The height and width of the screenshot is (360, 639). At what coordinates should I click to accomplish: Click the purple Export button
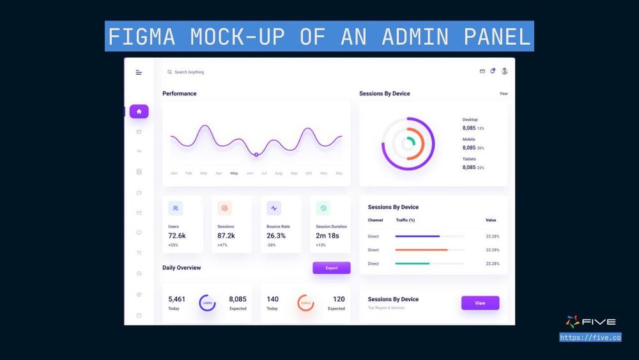coord(331,268)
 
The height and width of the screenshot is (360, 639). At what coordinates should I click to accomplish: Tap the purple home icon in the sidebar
coord(139,111)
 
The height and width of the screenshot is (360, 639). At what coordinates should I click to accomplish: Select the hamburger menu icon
coord(139,72)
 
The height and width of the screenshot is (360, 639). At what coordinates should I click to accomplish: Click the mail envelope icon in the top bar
coord(482,71)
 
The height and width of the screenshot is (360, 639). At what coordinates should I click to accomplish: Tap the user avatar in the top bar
coord(504,71)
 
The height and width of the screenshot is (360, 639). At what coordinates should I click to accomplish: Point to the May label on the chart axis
coord(234,173)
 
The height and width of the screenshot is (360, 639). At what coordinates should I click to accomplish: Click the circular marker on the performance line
coord(256,154)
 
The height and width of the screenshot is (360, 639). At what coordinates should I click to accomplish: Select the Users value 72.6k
coord(177,236)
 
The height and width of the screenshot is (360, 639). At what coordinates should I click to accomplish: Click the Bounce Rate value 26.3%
coord(276,236)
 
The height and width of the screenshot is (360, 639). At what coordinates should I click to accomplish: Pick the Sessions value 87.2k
coord(226,236)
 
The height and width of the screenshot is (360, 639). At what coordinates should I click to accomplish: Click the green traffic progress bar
coord(412,263)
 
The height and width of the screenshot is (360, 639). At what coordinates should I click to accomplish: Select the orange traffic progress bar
coord(421,250)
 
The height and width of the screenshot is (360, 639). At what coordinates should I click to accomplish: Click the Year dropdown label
coord(504,94)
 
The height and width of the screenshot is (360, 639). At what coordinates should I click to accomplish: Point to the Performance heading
coord(180,94)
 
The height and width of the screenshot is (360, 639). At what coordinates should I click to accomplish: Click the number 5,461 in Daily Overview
coord(176,299)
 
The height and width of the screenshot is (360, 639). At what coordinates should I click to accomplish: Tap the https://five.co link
coord(590,338)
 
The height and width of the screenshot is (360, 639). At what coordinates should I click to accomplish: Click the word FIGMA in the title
coord(141,36)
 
